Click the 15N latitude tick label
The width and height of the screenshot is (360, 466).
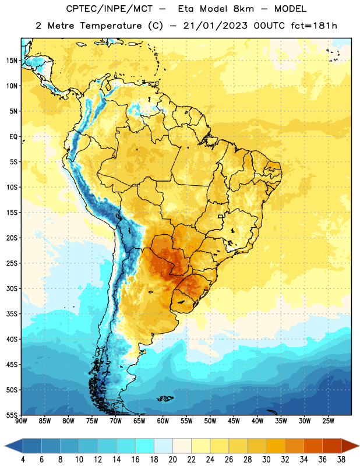pyautogui.click(x=12, y=61)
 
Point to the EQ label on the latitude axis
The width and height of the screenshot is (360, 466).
pyautogui.click(x=13, y=137)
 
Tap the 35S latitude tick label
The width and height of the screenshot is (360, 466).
pyautogui.click(x=12, y=314)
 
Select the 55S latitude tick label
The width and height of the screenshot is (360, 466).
pyautogui.click(x=12, y=415)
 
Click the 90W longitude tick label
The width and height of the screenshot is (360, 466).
pyautogui.click(x=21, y=421)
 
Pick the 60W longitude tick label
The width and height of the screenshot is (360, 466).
pyautogui.click(x=163, y=421)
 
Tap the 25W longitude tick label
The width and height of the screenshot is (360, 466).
pyautogui.click(x=328, y=421)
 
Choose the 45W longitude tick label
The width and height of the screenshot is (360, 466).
pyautogui.click(x=234, y=421)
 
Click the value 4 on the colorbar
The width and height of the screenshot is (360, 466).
pyautogui.click(x=23, y=460)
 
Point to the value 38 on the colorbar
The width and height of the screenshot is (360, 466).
pyautogui.click(x=341, y=460)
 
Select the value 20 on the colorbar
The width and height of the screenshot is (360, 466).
pyautogui.click(x=172, y=460)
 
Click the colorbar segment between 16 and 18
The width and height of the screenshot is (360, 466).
pyautogui.click(x=145, y=446)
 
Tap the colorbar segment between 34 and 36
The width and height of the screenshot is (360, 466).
pyautogui.click(x=313, y=446)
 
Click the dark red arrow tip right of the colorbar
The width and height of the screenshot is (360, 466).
pyautogui.click(x=359, y=446)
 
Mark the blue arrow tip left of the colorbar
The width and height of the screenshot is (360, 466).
pyautogui.click(x=5, y=446)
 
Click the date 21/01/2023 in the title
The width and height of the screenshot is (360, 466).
pyautogui.click(x=215, y=26)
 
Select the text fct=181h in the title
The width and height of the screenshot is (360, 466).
pyautogui.click(x=314, y=26)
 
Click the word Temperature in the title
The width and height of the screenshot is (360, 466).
pyautogui.click(x=111, y=26)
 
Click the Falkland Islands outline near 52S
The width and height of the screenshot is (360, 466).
pyautogui.click(x=165, y=398)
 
